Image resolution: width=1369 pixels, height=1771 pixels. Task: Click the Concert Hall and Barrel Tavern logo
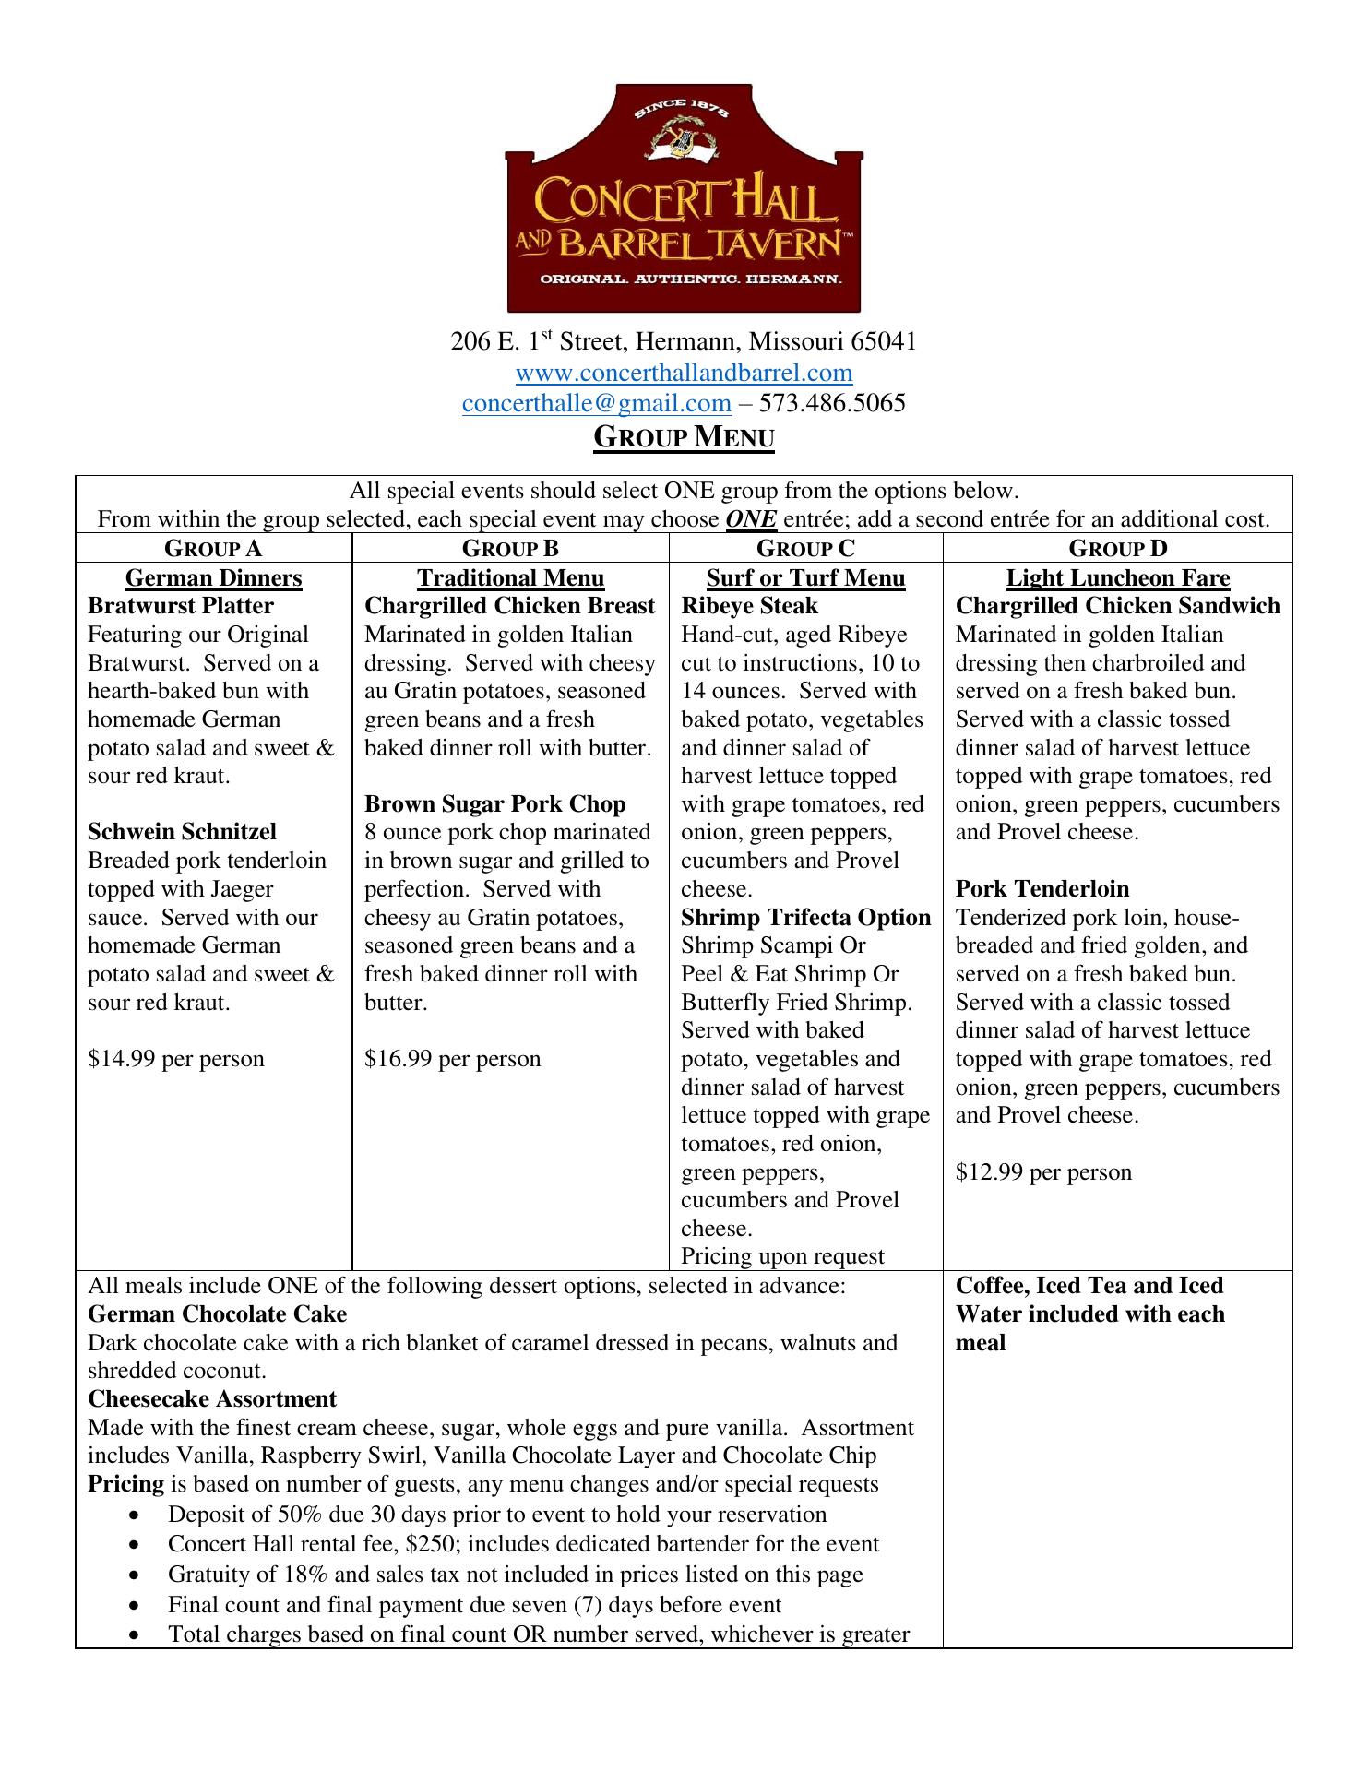(684, 198)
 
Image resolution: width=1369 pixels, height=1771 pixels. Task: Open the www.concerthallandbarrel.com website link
(684, 373)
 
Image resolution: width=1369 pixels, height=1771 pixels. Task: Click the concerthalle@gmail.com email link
(596, 403)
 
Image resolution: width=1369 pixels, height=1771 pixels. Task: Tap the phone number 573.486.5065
(832, 403)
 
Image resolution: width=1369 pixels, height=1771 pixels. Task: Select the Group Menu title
(684, 436)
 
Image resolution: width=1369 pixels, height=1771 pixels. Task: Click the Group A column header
(213, 549)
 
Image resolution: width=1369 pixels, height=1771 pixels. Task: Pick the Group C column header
(805, 549)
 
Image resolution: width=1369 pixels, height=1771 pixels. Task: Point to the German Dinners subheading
(213, 578)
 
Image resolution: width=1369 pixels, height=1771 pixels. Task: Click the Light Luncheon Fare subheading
(1117, 578)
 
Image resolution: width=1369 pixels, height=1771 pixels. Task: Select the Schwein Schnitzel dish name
(182, 832)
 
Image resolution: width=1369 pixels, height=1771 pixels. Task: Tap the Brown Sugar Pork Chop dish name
(494, 803)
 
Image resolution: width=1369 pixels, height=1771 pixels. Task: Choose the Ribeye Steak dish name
(749, 606)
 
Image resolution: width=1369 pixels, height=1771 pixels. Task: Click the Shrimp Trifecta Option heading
(805, 917)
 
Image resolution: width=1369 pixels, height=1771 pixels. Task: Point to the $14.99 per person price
(175, 1059)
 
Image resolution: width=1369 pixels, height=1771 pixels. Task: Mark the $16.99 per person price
(452, 1059)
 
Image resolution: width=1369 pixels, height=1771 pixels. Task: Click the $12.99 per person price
(1042, 1172)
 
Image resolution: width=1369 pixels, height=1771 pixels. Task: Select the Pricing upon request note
(782, 1256)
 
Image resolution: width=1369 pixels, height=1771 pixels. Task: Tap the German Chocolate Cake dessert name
(217, 1314)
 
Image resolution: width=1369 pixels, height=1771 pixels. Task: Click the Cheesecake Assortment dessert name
(212, 1399)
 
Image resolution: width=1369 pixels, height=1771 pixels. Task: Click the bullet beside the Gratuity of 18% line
(137, 1575)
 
